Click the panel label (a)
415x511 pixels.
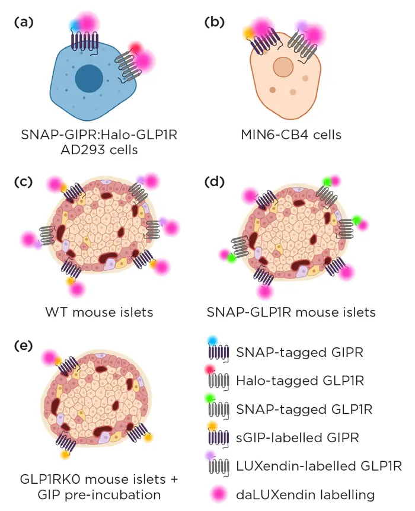tap(24, 23)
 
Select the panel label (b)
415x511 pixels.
tap(214, 23)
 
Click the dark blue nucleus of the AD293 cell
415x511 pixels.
tap(90, 78)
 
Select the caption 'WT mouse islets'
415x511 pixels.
tap(100, 312)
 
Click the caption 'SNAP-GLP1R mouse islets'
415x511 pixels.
tap(291, 312)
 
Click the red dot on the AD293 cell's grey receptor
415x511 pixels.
tap(136, 47)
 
